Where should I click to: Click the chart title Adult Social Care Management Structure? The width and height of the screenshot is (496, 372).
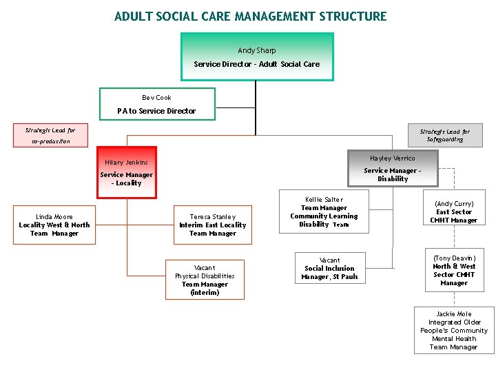[251, 17]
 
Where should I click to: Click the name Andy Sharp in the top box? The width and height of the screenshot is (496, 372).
[256, 51]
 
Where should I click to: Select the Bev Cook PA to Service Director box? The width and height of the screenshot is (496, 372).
[157, 104]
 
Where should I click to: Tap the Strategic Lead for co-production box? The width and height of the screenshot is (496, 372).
[51, 135]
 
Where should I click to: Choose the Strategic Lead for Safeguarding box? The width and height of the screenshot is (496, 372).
[444, 135]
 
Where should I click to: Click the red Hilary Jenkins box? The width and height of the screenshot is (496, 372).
[127, 172]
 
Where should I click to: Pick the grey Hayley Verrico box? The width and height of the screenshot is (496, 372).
[393, 168]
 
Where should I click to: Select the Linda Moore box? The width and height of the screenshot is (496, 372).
[54, 225]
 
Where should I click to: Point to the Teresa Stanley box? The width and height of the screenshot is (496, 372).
[213, 225]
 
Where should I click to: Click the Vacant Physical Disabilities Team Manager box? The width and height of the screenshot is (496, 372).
[205, 280]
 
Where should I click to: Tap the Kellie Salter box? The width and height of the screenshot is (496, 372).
[324, 212]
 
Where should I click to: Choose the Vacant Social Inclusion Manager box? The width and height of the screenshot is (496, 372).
[329, 269]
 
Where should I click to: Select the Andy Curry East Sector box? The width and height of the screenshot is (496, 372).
[453, 212]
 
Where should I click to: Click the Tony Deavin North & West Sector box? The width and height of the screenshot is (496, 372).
[453, 271]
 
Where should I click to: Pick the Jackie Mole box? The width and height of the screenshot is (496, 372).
[453, 330]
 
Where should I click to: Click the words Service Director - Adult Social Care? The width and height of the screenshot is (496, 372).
[256, 64]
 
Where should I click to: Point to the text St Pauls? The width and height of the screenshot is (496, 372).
[345, 277]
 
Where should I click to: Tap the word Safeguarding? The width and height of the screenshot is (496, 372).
[444, 139]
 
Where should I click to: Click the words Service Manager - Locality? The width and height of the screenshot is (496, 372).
[127, 179]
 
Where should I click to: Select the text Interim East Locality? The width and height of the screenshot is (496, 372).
[213, 225]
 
